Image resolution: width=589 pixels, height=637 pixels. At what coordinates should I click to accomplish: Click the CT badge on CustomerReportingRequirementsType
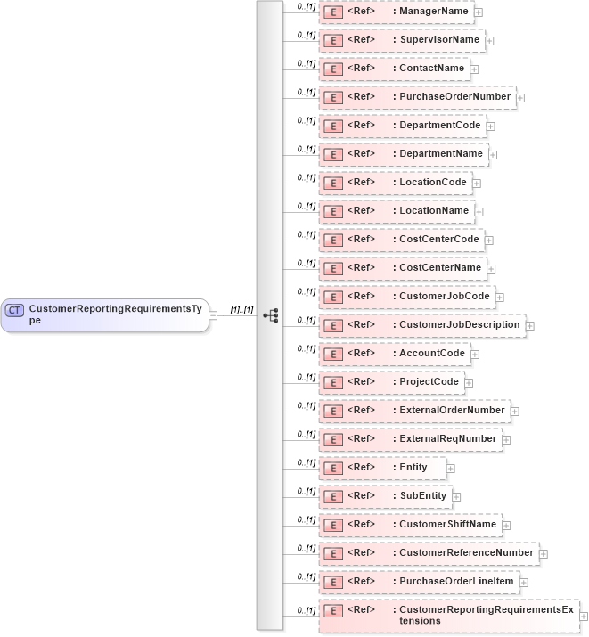14,310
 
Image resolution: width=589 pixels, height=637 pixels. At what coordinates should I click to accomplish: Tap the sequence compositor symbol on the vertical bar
271,315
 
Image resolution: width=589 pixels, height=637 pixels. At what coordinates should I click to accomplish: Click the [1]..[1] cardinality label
242,310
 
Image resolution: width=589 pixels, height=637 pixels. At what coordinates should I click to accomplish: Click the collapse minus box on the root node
214,315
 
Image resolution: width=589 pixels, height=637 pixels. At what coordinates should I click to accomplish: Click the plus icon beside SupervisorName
489,41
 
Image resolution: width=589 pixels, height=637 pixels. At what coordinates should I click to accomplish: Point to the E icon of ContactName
331,69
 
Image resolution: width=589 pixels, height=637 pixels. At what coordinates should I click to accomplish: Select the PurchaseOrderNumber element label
454,96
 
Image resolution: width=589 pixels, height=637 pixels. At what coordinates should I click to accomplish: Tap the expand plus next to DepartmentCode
491,127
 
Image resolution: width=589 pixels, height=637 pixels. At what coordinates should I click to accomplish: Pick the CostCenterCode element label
438,239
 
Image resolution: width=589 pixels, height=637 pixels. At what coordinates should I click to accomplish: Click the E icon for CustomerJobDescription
331,325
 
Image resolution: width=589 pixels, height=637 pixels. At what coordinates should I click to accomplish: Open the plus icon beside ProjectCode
469,383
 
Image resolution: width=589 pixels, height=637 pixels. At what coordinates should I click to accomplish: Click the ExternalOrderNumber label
452,410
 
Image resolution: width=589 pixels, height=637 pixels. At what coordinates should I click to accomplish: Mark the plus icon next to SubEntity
456,497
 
